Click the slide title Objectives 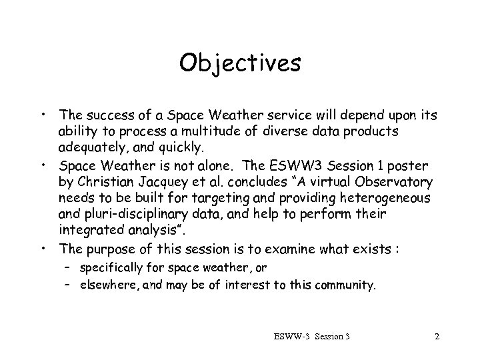[x=240, y=63]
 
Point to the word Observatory [x=399, y=182]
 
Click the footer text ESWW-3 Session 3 [x=311, y=337]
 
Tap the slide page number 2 [x=437, y=337]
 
